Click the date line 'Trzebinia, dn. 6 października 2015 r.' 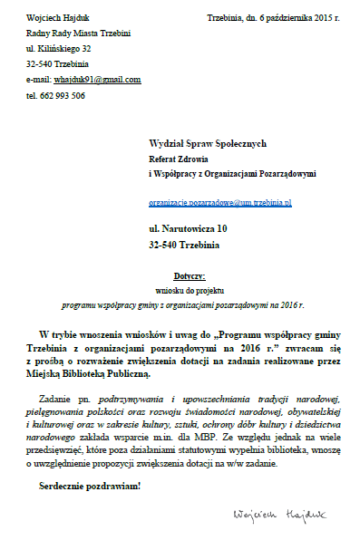(273, 18)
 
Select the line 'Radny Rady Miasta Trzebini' (78, 34)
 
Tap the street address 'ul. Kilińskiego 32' (59, 49)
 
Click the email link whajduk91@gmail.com (98, 80)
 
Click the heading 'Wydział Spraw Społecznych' (208, 143)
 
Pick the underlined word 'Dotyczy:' (190, 275)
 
